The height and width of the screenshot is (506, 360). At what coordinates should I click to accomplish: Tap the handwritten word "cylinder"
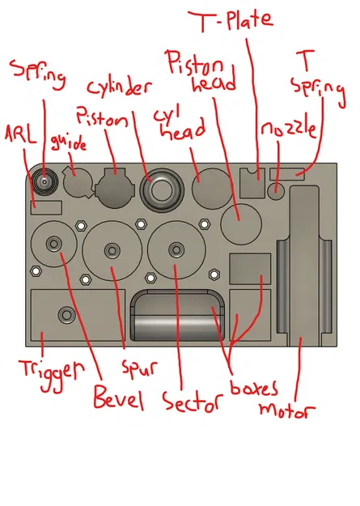tap(119, 87)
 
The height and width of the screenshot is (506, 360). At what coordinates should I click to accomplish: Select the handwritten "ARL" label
tap(20, 134)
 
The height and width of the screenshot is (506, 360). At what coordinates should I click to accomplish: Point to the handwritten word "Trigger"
tap(51, 370)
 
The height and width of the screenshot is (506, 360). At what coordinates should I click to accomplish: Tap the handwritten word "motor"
tap(285, 409)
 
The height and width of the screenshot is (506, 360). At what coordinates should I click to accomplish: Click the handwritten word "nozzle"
tap(287, 130)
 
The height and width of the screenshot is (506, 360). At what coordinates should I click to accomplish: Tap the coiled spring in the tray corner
tap(44, 181)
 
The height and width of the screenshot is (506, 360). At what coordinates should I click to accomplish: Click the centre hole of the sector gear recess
tap(175, 247)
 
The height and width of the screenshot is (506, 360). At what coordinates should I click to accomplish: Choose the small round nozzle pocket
tap(277, 191)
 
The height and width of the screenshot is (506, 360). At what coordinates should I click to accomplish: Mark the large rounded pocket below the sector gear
tap(177, 318)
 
